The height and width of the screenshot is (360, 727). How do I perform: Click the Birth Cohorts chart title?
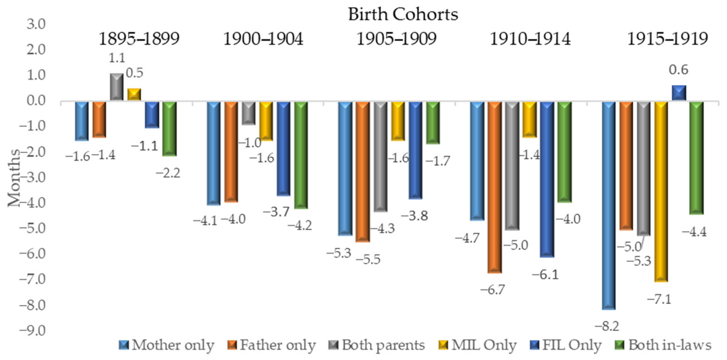click(403, 14)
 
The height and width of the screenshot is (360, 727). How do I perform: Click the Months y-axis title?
click(13, 178)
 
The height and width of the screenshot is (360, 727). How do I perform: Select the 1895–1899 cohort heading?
click(139, 39)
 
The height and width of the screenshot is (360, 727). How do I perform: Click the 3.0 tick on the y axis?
click(36, 24)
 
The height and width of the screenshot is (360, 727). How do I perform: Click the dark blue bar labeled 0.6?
click(679, 93)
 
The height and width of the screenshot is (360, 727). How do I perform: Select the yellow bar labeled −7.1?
click(661, 192)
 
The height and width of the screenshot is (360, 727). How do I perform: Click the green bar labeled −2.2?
click(170, 129)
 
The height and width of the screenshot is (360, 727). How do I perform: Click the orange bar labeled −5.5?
click(363, 171)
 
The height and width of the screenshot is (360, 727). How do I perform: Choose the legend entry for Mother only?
click(167, 345)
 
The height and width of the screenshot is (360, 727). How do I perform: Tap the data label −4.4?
click(694, 232)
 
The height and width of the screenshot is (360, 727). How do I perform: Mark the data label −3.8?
click(415, 216)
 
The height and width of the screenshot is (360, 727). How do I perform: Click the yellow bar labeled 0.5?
click(134, 94)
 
